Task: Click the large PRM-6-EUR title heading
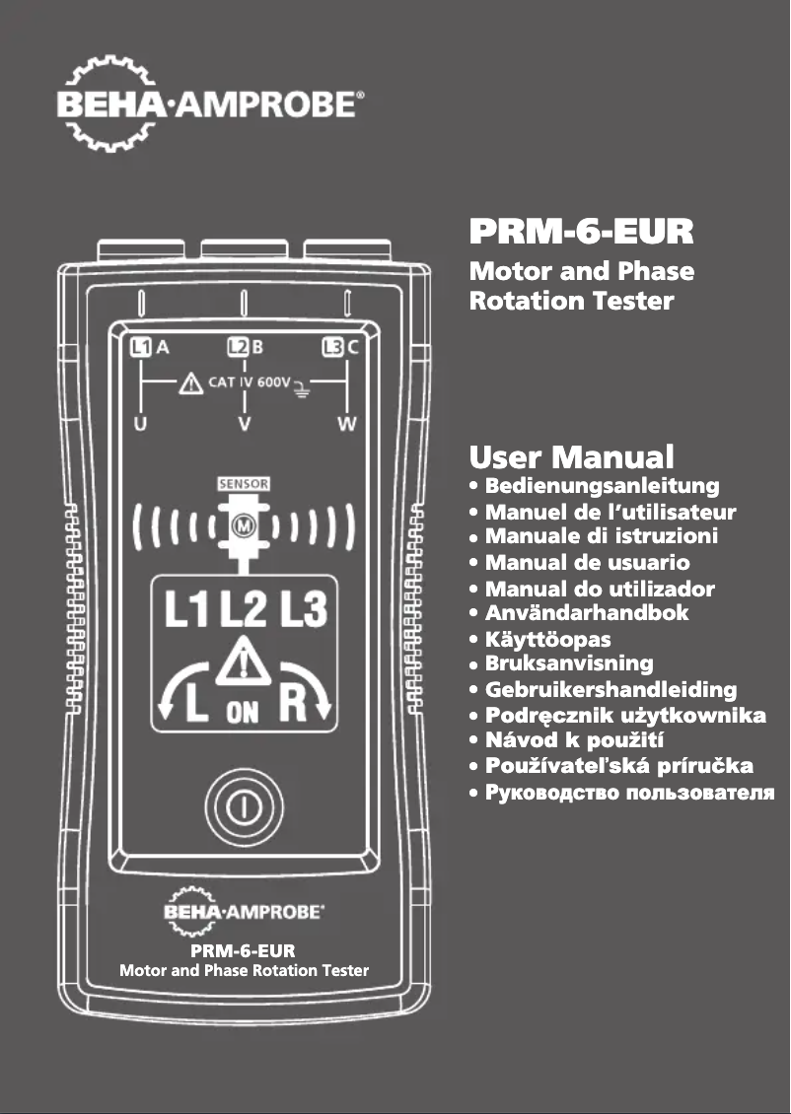582,234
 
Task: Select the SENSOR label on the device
243,485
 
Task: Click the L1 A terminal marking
151,346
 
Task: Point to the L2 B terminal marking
246,346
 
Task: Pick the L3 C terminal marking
341,346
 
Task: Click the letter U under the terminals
140,425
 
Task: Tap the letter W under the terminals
347,425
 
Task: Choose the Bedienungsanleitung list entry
602,486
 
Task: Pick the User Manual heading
572,457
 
